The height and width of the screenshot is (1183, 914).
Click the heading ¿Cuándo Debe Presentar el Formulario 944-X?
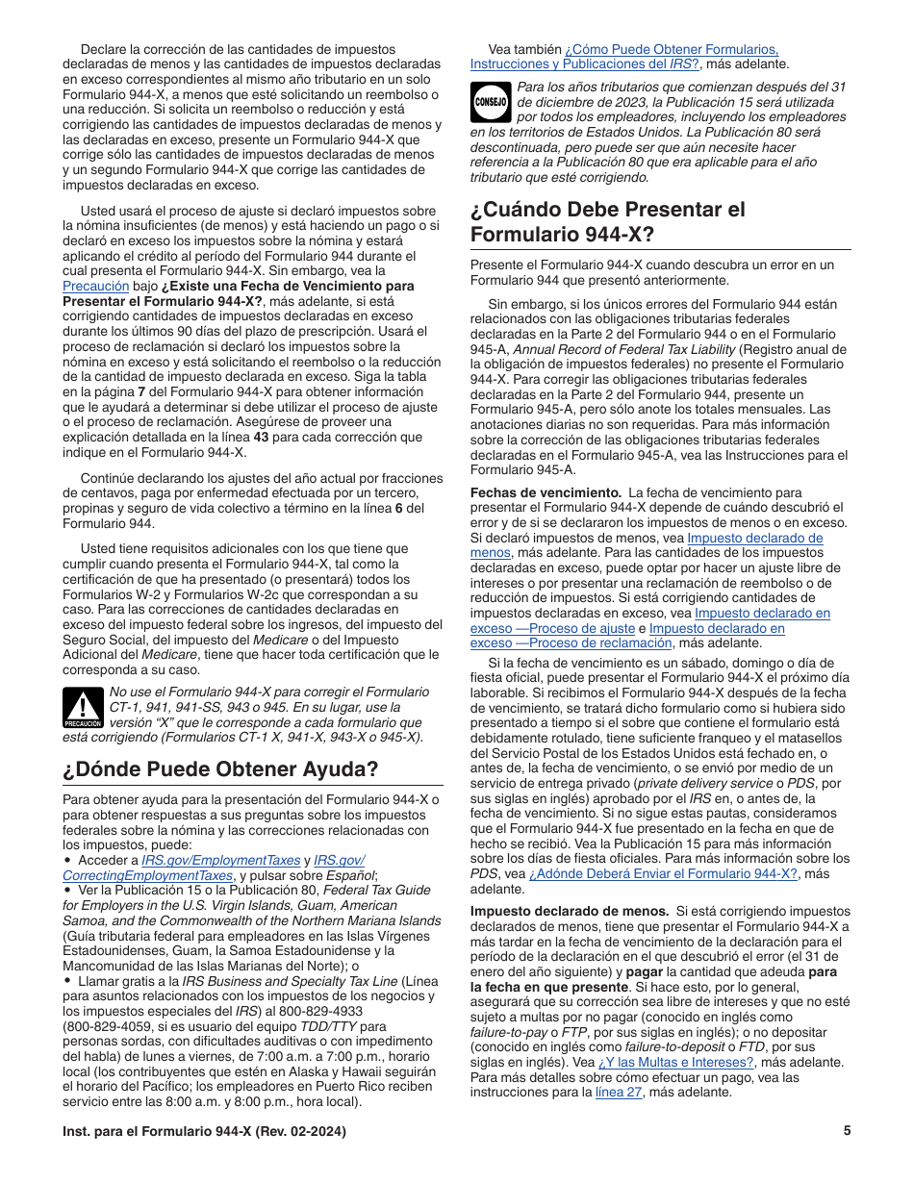pos(608,221)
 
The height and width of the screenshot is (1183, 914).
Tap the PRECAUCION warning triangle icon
pos(83,708)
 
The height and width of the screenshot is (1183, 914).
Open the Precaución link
pos(95,286)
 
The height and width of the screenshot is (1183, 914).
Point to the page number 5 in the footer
pos(847,1131)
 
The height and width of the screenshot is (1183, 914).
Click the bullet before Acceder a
pos(67,860)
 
